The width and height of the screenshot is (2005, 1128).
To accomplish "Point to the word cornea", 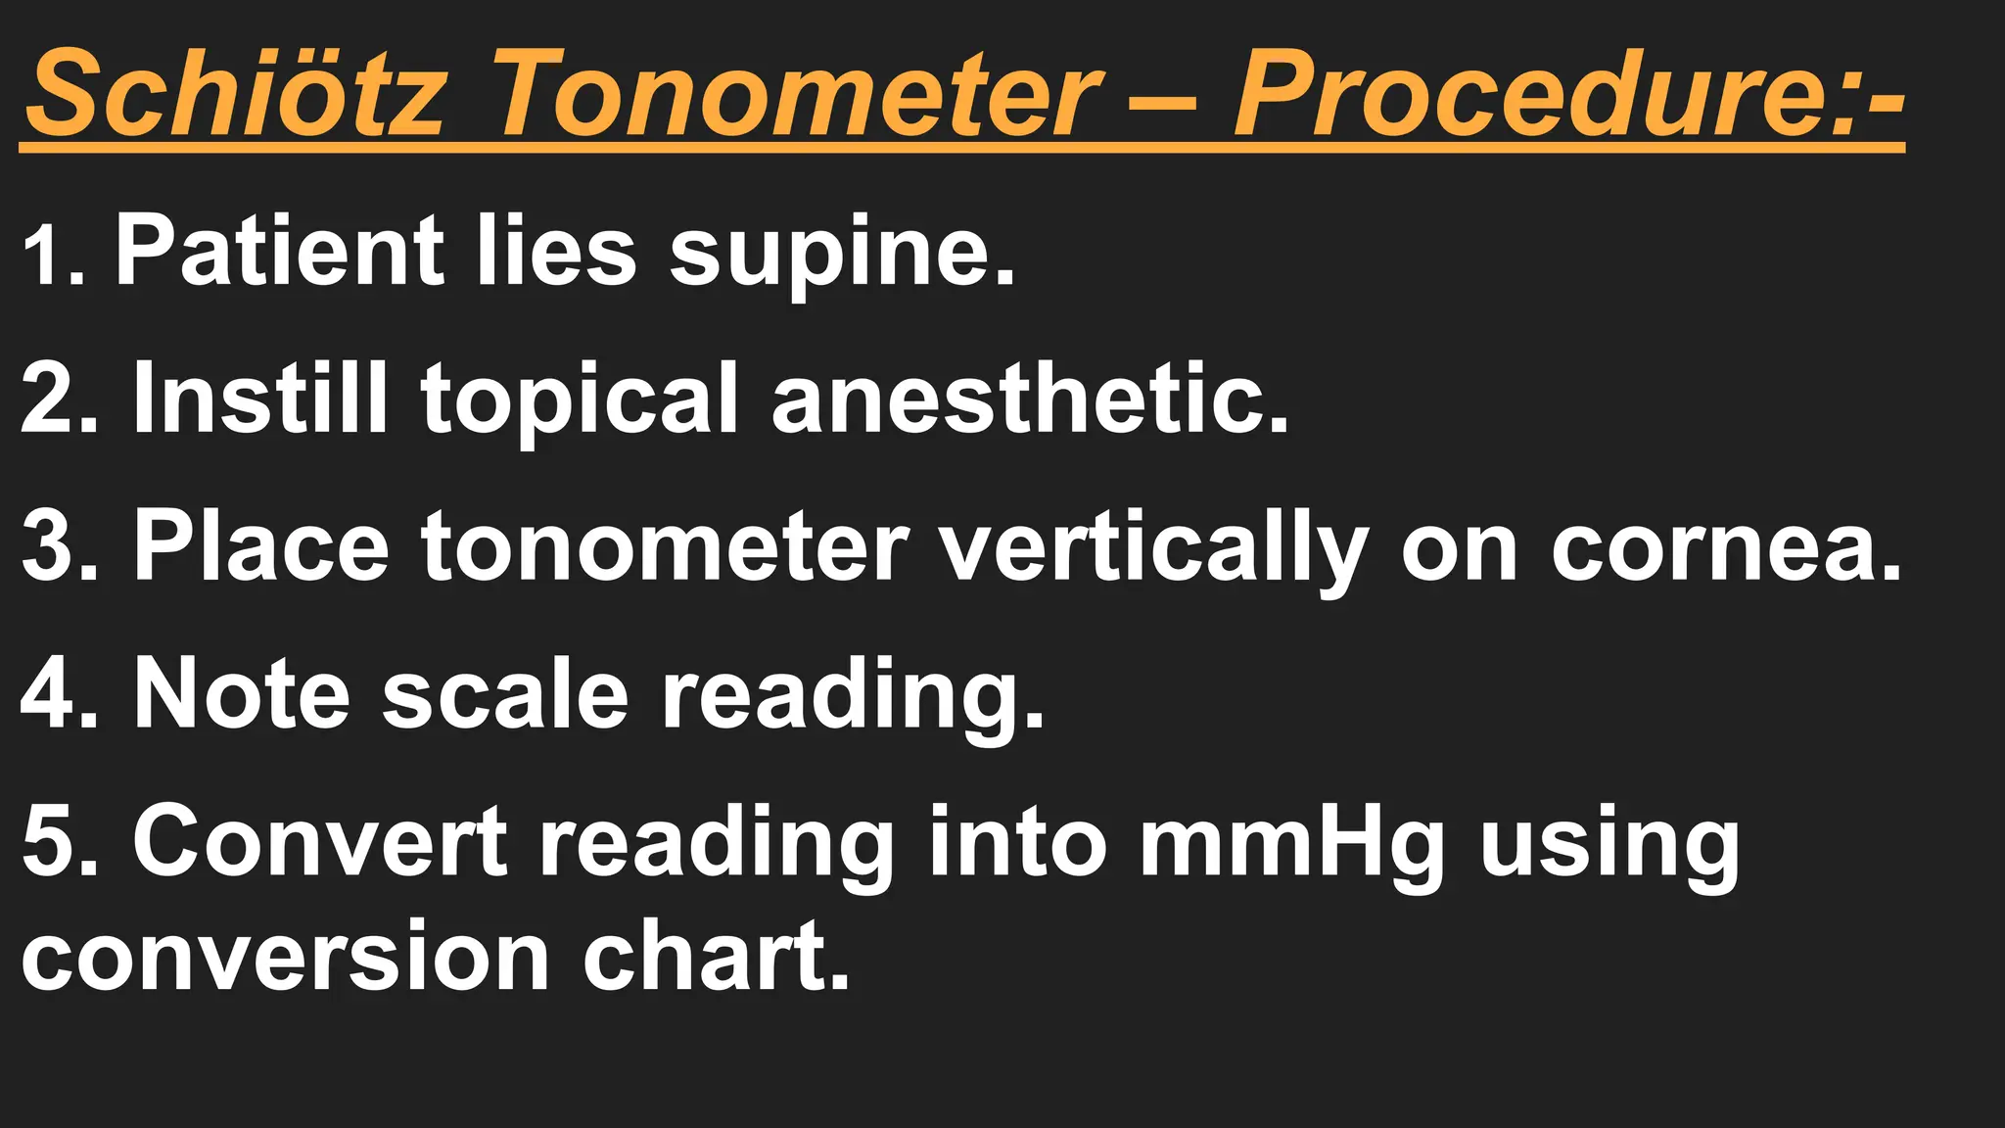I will coord(1723,548).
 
